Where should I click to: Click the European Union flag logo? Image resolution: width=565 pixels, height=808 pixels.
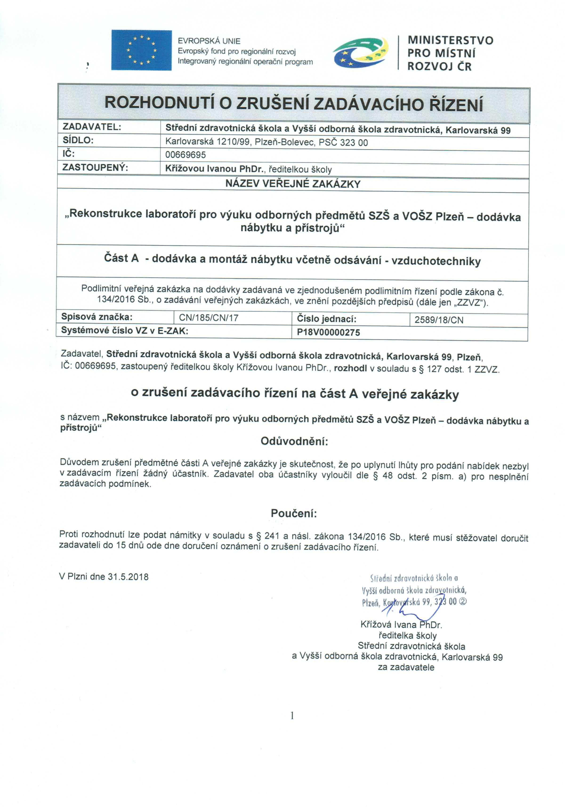[141, 50]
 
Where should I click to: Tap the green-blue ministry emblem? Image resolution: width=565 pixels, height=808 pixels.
[360, 52]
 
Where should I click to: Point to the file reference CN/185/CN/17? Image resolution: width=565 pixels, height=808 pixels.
[209, 318]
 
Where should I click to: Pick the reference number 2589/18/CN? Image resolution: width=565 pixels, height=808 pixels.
[439, 320]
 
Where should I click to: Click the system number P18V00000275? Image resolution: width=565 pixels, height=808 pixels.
[328, 332]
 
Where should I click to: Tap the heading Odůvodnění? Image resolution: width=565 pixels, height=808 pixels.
[294, 441]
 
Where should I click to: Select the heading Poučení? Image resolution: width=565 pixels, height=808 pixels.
[294, 513]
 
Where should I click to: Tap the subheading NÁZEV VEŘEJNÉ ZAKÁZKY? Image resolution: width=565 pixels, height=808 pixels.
[293, 184]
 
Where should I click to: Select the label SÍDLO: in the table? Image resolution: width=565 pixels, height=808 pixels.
[78, 140]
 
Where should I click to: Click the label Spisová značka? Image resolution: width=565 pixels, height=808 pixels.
[97, 317]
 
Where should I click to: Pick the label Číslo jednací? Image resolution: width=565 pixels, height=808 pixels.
[327, 319]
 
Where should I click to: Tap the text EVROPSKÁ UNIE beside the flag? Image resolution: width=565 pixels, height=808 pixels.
[209, 41]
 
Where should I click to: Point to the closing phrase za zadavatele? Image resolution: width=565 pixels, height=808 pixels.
[406, 667]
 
